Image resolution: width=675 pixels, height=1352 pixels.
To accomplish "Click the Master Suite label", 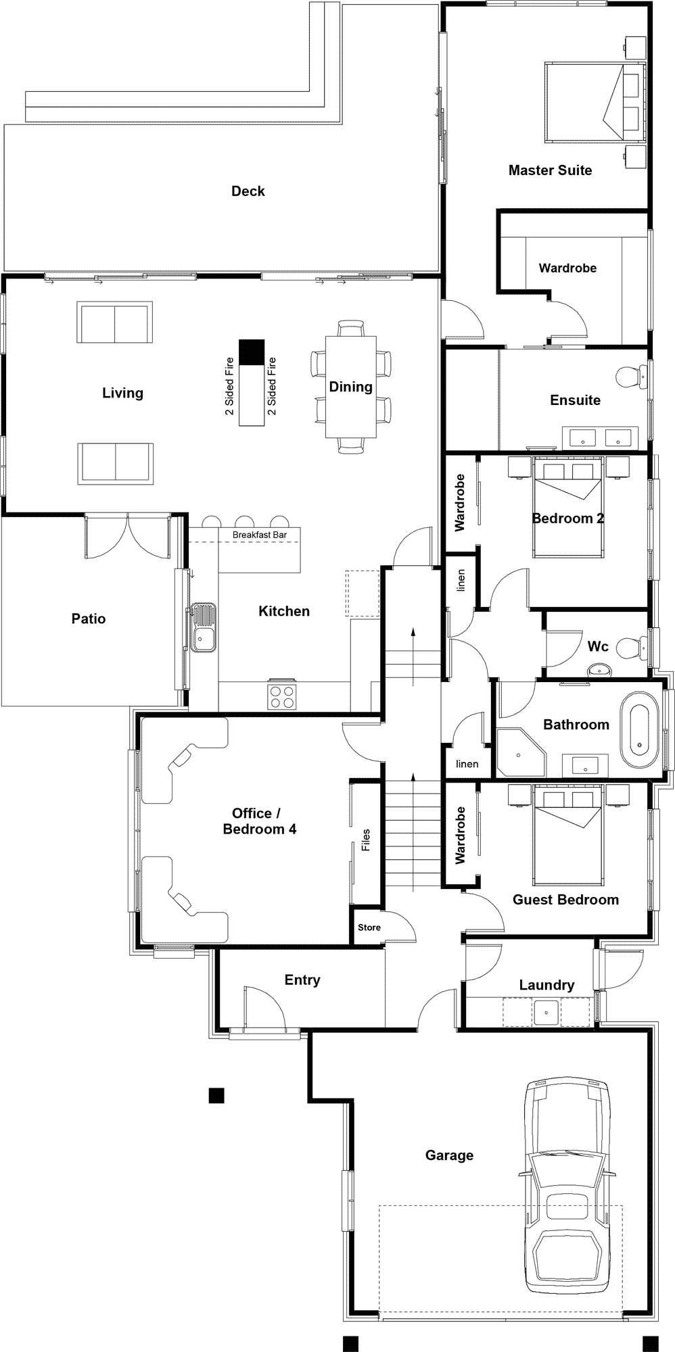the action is point(550,170).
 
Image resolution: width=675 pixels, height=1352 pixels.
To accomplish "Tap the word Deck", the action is point(248,191).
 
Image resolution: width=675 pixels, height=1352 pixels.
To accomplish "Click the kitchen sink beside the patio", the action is point(202,627).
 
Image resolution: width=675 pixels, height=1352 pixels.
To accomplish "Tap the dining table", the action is point(351,387).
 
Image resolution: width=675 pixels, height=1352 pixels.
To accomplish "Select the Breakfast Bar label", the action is point(260,535).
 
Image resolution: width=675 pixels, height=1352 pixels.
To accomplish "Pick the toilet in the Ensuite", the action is point(631,377).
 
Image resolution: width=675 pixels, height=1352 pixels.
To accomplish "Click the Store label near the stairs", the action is point(369,927).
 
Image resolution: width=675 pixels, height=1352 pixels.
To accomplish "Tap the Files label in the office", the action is point(366,840).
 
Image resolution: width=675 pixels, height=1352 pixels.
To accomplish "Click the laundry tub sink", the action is point(546,1012).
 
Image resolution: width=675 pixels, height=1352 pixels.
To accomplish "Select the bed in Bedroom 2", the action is point(568,506).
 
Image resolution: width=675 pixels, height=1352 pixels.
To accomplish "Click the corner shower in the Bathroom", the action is point(521,752).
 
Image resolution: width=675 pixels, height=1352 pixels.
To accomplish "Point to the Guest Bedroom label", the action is point(565,900).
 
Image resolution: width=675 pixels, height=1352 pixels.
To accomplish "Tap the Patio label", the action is point(89,619).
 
